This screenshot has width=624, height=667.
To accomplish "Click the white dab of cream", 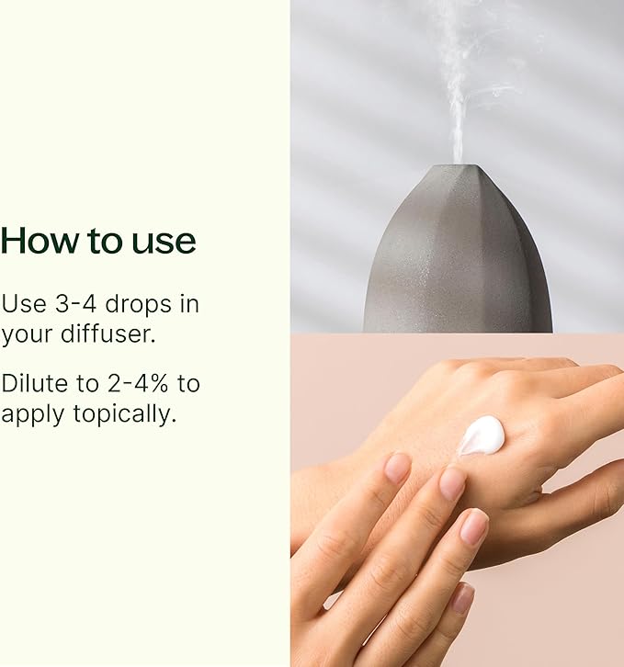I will pyautogui.click(x=482, y=435).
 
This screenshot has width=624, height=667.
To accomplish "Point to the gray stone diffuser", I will pyautogui.click(x=459, y=257).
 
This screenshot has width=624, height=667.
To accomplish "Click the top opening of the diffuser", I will pyautogui.click(x=458, y=166).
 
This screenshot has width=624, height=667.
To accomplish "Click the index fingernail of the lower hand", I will pyautogui.click(x=397, y=467).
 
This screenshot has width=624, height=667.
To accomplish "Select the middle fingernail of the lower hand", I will pyautogui.click(x=452, y=482).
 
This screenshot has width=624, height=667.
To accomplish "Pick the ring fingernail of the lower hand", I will pyautogui.click(x=473, y=526).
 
